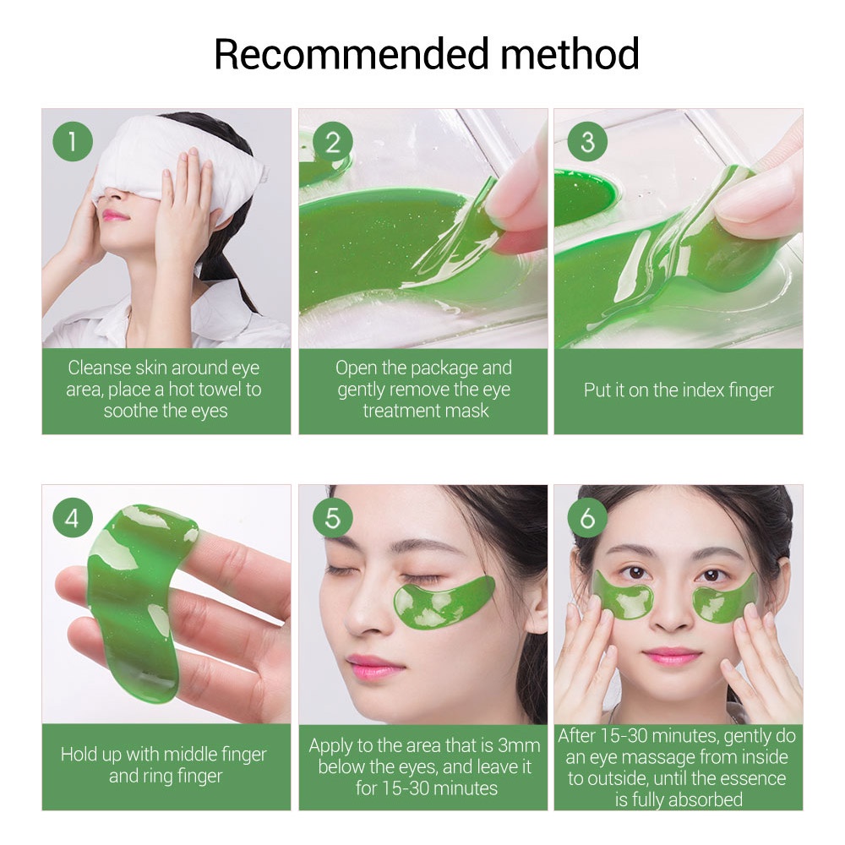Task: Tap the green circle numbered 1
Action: point(73,141)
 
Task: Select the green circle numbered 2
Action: point(332,141)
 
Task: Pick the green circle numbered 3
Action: point(587,141)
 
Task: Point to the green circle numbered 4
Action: point(73,518)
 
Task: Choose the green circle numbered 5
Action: point(332,518)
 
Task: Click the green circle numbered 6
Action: point(587,518)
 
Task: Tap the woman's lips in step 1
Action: point(116,215)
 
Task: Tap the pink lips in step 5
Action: point(374,665)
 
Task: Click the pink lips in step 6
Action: point(672,656)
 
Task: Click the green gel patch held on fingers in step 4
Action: point(135,591)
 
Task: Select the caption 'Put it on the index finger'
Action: point(679,390)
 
